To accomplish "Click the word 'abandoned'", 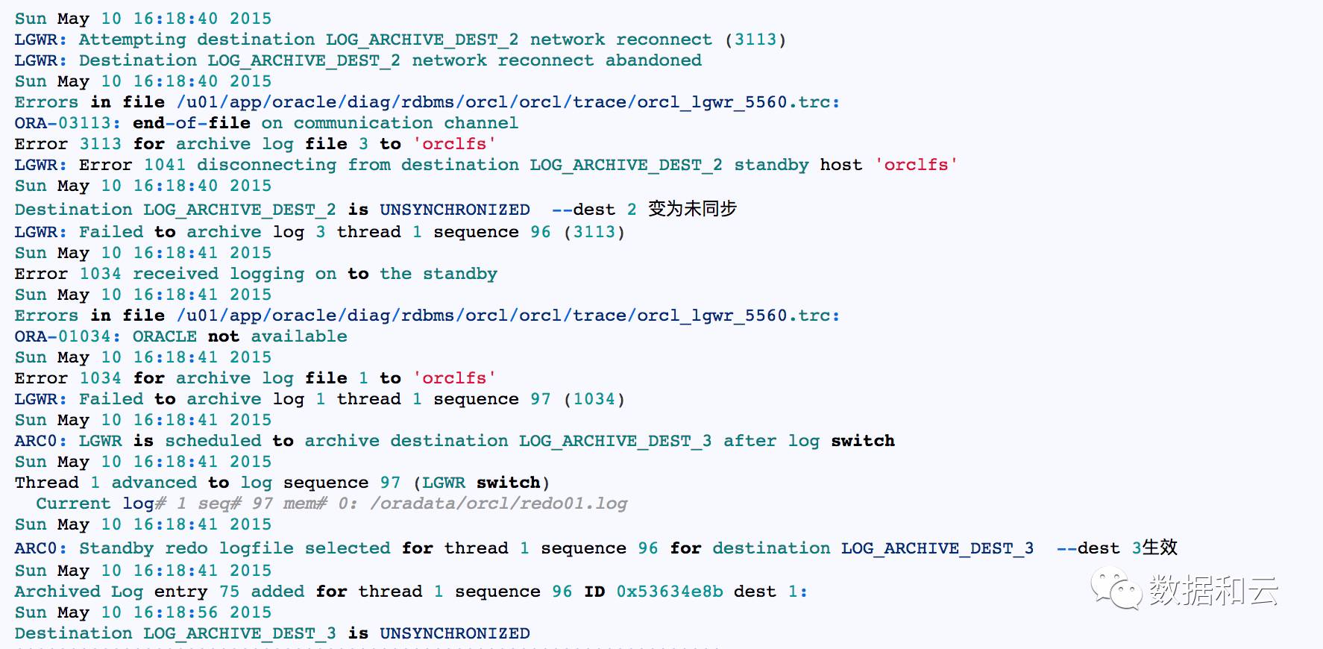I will click(x=653, y=60).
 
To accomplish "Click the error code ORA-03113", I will click(x=67, y=123).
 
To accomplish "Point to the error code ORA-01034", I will click(x=67, y=336).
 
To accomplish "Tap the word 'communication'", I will click(x=363, y=123).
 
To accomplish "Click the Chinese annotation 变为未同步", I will click(x=692, y=209).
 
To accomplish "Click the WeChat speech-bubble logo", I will click(x=1116, y=588).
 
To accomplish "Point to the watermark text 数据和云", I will click(x=1213, y=590).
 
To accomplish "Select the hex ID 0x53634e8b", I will click(x=670, y=592).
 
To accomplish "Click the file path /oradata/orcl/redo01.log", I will click(x=498, y=504).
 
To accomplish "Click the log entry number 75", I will click(x=229, y=592).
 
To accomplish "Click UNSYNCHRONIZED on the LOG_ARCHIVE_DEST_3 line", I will click(x=455, y=633).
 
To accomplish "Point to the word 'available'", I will click(x=299, y=336).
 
